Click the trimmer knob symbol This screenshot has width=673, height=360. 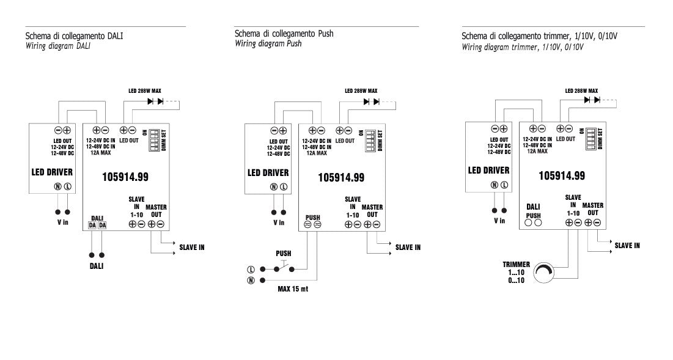543,272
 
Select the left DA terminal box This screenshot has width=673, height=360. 92,226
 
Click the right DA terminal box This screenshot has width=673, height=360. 102,226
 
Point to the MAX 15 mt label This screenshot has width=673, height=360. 293,288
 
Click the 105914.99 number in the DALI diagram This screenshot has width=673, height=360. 125,177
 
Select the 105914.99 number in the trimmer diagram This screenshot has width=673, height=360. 561,175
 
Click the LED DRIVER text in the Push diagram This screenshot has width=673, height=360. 268,173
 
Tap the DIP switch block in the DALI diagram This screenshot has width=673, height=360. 154,140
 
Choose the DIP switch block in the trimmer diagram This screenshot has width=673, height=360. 591,138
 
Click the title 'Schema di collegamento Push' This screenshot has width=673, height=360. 284,34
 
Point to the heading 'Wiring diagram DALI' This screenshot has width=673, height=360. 58,46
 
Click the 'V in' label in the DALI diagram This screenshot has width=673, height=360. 63,222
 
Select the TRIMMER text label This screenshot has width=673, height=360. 517,264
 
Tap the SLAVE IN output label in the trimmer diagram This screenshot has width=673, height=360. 627,246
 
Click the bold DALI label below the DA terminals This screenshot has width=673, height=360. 97,266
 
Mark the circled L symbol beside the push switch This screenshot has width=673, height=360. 251,270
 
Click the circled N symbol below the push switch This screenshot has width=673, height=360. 251,280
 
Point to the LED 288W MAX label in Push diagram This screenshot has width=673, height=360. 361,90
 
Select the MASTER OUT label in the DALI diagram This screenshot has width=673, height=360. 156,211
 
